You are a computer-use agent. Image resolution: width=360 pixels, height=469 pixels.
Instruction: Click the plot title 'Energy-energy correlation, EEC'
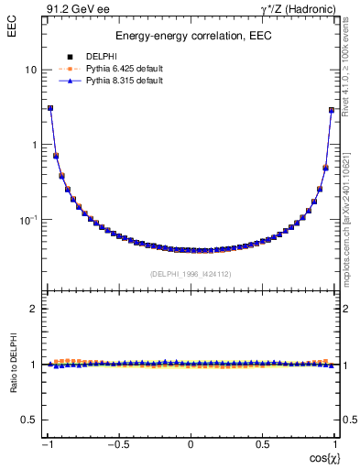191,37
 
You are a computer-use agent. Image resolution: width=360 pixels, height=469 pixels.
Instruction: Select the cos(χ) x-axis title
321,457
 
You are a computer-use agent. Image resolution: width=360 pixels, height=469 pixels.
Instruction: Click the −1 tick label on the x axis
48,445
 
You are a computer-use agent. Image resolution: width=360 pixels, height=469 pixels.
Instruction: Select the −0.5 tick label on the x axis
118,445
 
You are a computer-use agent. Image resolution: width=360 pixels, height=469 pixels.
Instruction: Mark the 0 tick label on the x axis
191,445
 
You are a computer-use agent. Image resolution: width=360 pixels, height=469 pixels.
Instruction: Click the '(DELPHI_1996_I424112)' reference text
191,274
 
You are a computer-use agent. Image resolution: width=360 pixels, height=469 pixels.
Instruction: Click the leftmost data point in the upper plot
50,107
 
